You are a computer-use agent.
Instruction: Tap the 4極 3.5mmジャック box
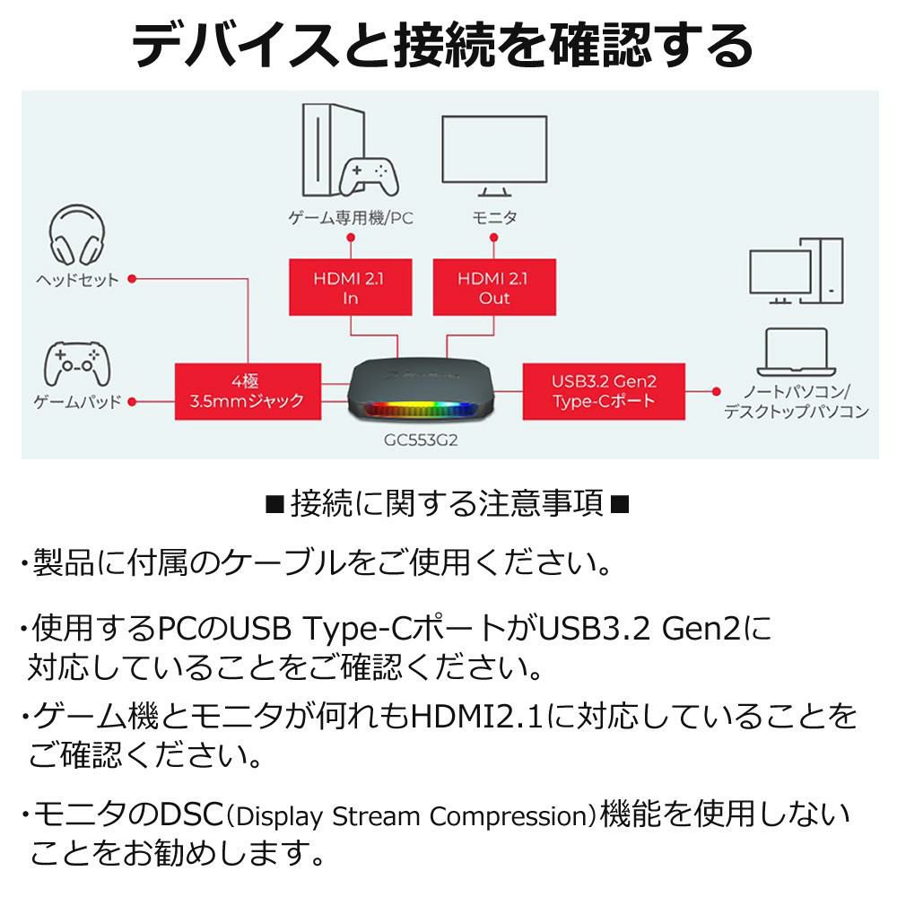248,391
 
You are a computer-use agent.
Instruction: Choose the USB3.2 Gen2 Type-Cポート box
604,391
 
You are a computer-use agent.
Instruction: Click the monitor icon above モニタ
494,154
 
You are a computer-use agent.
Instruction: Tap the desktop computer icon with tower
796,270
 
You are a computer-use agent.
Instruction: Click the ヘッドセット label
77,280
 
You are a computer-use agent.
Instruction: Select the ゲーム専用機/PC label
350,218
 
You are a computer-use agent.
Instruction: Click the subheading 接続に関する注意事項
448,504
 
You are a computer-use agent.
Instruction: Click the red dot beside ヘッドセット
132,280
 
